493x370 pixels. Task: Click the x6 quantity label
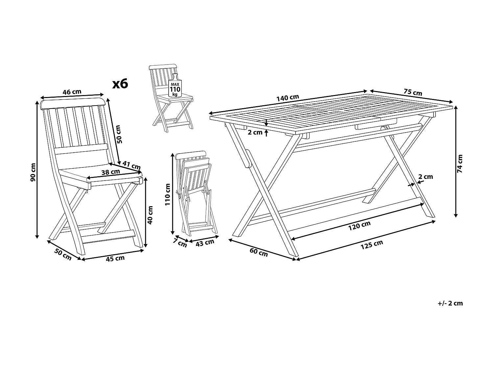coord(120,84)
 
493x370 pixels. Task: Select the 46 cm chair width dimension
coord(72,92)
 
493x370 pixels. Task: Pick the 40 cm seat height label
coord(151,215)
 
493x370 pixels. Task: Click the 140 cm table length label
coord(288,98)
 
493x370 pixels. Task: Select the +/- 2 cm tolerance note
coord(450,303)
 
